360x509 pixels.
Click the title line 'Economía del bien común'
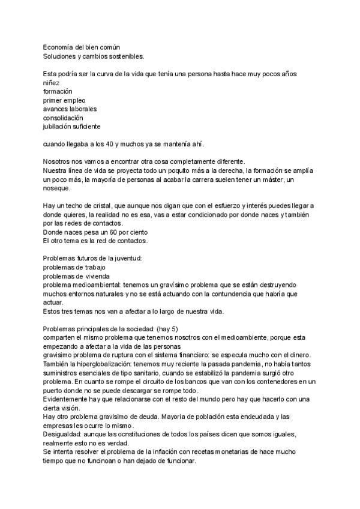point(82,47)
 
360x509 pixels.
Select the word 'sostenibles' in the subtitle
point(125,56)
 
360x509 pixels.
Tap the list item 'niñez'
point(52,82)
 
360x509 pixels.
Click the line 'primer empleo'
point(65,100)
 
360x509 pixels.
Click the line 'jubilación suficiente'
point(71,127)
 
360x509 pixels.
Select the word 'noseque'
point(56,188)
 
